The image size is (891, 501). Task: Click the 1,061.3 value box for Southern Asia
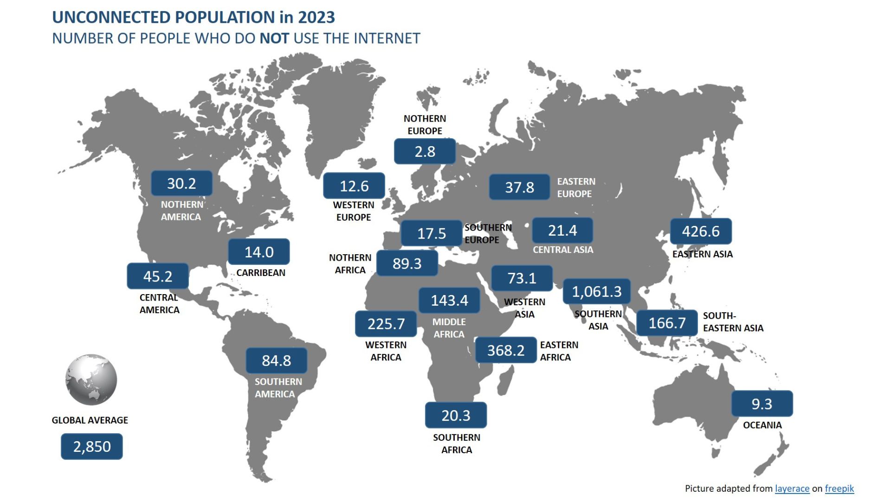click(x=596, y=291)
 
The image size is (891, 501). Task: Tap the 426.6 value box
click(x=701, y=231)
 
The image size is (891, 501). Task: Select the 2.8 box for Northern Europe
click(x=425, y=151)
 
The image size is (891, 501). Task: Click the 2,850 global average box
click(x=92, y=446)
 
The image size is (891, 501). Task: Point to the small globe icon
click(x=91, y=379)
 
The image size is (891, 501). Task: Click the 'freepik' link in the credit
click(x=839, y=488)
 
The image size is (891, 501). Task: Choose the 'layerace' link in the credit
click(x=792, y=488)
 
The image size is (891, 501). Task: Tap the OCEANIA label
click(x=762, y=425)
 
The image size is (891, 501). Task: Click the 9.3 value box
click(x=762, y=404)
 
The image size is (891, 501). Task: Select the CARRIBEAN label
click(x=261, y=273)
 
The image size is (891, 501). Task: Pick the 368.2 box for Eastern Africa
click(x=506, y=350)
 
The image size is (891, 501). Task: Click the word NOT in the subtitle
click(x=274, y=38)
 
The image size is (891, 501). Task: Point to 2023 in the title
click(x=316, y=17)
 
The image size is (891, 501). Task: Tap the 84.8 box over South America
click(x=277, y=360)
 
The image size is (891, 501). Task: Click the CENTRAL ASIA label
click(x=563, y=250)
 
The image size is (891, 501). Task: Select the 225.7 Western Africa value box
click(x=386, y=323)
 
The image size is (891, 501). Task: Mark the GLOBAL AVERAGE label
click(x=90, y=420)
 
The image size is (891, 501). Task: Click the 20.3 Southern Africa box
click(x=456, y=415)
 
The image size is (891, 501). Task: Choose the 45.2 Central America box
click(x=158, y=276)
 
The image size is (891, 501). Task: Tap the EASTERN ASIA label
click(x=703, y=254)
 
